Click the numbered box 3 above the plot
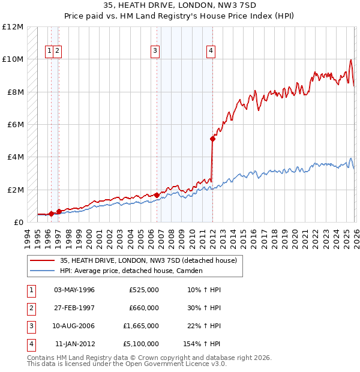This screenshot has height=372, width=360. click(155, 51)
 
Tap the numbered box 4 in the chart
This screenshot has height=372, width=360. click(211, 51)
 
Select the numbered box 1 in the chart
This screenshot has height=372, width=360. click(49, 51)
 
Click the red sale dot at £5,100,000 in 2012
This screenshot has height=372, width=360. click(212, 139)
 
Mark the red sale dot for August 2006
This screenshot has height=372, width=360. click(157, 195)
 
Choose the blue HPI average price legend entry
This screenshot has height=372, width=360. click(131, 271)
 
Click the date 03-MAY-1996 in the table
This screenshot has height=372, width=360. click(74, 290)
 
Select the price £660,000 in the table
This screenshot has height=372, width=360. click(144, 308)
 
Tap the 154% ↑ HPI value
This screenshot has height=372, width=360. click(202, 344)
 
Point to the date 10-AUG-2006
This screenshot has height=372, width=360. click(74, 326)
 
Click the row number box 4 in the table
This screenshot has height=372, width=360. click(31, 344)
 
